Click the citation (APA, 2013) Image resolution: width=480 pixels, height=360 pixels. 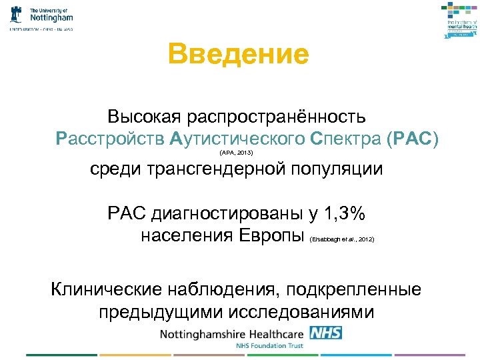tap(236, 153)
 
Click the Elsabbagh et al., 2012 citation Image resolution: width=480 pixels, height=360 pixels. tap(342, 239)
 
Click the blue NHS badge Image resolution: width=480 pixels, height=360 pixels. tap(326, 333)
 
